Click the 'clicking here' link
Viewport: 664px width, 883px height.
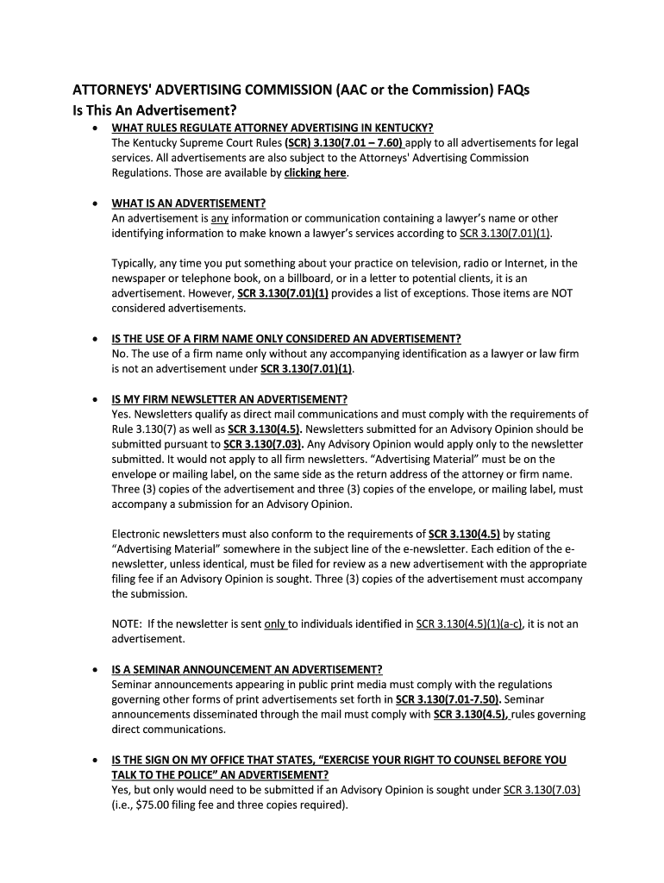[x=316, y=172]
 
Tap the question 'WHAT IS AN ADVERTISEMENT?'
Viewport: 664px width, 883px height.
[x=189, y=204]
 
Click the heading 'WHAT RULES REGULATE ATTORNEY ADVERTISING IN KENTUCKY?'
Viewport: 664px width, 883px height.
[x=266, y=128]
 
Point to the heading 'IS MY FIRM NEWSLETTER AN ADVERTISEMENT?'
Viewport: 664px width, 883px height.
[x=229, y=399]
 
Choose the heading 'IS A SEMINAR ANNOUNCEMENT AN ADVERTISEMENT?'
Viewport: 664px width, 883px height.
[x=247, y=669]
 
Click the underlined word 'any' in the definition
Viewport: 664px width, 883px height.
[x=220, y=218]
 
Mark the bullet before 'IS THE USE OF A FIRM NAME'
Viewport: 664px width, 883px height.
[x=94, y=339]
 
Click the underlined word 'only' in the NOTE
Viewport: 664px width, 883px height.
[x=275, y=624]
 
